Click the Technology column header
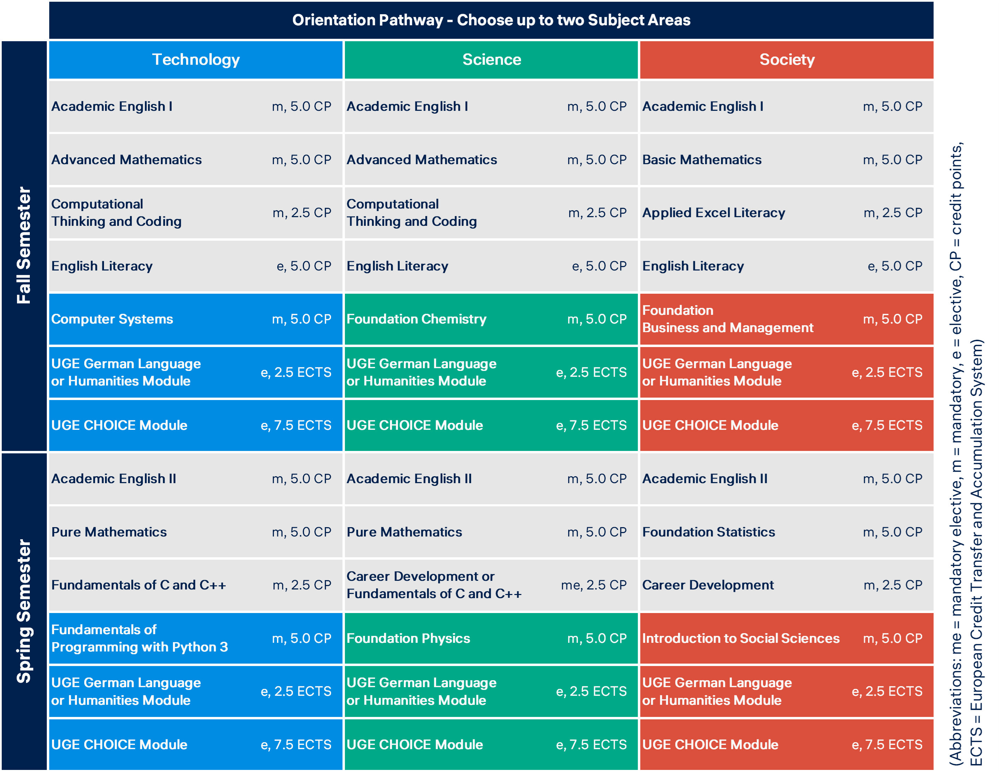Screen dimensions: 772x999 [196, 60]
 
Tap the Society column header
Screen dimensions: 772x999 [787, 60]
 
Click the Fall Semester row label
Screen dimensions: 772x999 [24, 246]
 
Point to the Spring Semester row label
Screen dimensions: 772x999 [24, 611]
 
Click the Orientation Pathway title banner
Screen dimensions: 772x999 [491, 20]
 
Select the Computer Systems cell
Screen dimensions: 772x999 [112, 319]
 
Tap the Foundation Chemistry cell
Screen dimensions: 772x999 [416, 319]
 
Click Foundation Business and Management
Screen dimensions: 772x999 [727, 319]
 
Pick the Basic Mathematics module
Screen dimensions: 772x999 [702, 160]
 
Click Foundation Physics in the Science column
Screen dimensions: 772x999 [408, 638]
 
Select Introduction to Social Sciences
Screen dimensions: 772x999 [740, 638]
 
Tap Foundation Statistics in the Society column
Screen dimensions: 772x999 [708, 532]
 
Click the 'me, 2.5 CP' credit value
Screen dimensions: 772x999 [593, 585]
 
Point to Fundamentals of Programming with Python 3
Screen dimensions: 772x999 [139, 638]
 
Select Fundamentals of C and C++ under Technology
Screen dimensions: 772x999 [139, 585]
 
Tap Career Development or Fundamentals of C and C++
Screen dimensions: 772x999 [434, 585]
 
